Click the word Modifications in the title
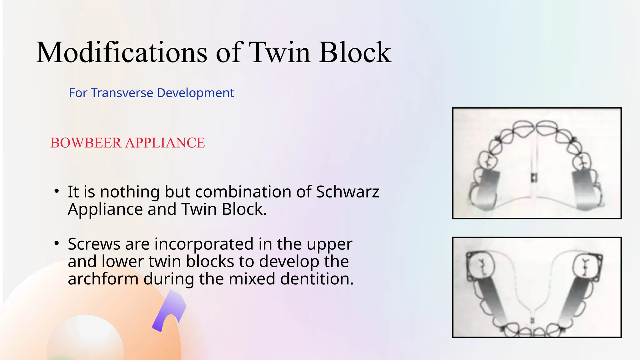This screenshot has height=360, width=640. pyautogui.click(x=122, y=52)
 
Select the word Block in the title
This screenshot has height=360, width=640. pyautogui.click(x=355, y=52)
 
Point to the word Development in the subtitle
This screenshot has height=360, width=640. pyautogui.click(x=195, y=93)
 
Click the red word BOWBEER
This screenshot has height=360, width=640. pyautogui.click(x=86, y=143)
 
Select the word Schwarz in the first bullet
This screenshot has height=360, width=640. pyautogui.click(x=347, y=192)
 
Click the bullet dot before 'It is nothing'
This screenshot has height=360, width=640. pyautogui.click(x=56, y=191)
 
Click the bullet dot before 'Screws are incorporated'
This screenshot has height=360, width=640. pyautogui.click(x=56, y=243)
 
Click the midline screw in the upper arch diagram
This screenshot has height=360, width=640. pyautogui.click(x=534, y=177)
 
